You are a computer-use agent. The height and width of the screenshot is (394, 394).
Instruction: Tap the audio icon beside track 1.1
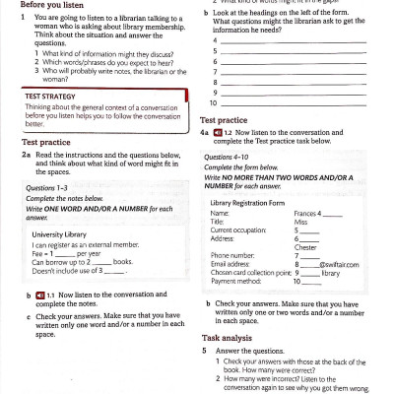click(39, 295)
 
